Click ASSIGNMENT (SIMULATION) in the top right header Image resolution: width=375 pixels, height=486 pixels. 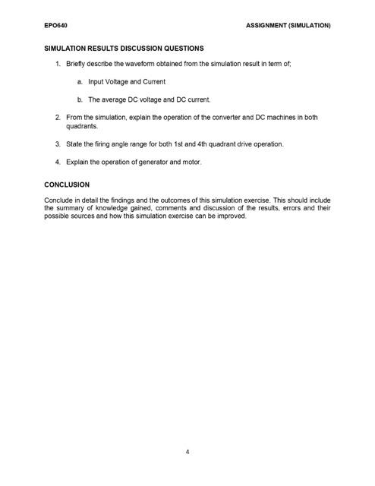[288, 26]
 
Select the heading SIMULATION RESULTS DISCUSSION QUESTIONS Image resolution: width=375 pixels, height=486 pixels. [124, 48]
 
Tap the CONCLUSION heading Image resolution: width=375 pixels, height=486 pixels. [67, 185]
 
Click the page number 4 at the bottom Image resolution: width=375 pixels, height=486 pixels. [187, 452]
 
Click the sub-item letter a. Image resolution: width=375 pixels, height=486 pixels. [79, 82]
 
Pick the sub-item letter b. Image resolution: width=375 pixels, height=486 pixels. [79, 99]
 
